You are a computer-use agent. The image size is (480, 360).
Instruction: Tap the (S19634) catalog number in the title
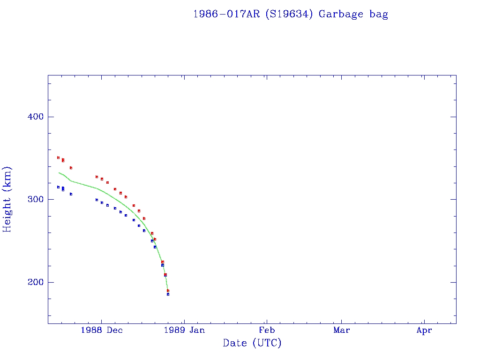pyautogui.click(x=289, y=14)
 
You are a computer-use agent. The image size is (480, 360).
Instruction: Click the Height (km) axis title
pyautogui.click(x=7, y=199)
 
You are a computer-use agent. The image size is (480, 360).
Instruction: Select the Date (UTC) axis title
pyautogui.click(x=252, y=343)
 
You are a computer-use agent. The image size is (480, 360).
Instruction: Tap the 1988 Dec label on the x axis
pyautogui.click(x=102, y=330)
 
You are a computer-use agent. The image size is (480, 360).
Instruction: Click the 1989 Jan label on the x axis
pyautogui.click(x=184, y=330)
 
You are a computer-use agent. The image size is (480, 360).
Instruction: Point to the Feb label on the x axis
pyautogui.click(x=267, y=330)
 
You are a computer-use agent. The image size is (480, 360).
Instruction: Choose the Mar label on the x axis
pyautogui.click(x=342, y=330)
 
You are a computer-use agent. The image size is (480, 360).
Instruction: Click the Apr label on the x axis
pyautogui.click(x=424, y=330)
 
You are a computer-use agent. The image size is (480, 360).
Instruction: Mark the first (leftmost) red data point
pyautogui.click(x=58, y=157)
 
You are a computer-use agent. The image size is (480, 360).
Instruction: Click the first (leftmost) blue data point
pyautogui.click(x=58, y=187)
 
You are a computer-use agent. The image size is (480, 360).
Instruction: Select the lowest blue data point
pyautogui.click(x=168, y=294)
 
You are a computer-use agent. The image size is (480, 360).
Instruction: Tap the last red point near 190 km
pyautogui.click(x=168, y=291)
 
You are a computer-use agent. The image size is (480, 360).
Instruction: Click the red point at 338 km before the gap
pyautogui.click(x=71, y=168)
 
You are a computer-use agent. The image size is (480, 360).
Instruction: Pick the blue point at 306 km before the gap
pyautogui.click(x=71, y=194)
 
